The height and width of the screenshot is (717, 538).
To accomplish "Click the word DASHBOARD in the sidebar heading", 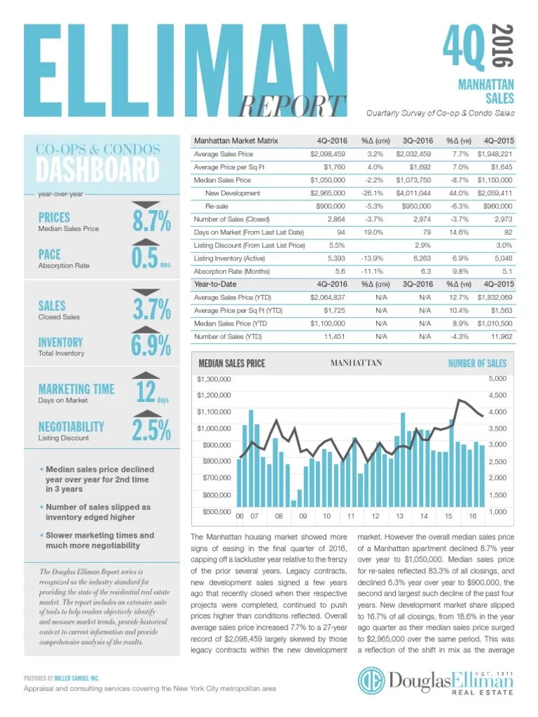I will click(x=97, y=170).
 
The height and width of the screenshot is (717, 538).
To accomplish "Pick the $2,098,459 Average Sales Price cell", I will click(x=328, y=153).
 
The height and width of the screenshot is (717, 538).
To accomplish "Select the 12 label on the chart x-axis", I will click(x=375, y=516).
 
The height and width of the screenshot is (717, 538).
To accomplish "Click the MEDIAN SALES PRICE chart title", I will click(x=232, y=363).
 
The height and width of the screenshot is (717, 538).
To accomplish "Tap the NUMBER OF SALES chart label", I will click(x=477, y=363).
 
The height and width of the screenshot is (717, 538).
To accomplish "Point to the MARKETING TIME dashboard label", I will click(x=76, y=389).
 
